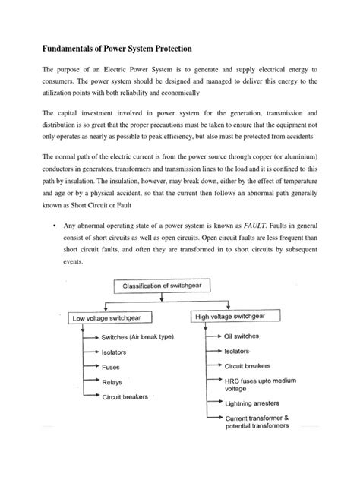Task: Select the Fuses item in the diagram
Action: tap(112, 368)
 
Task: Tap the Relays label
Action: tap(113, 382)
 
